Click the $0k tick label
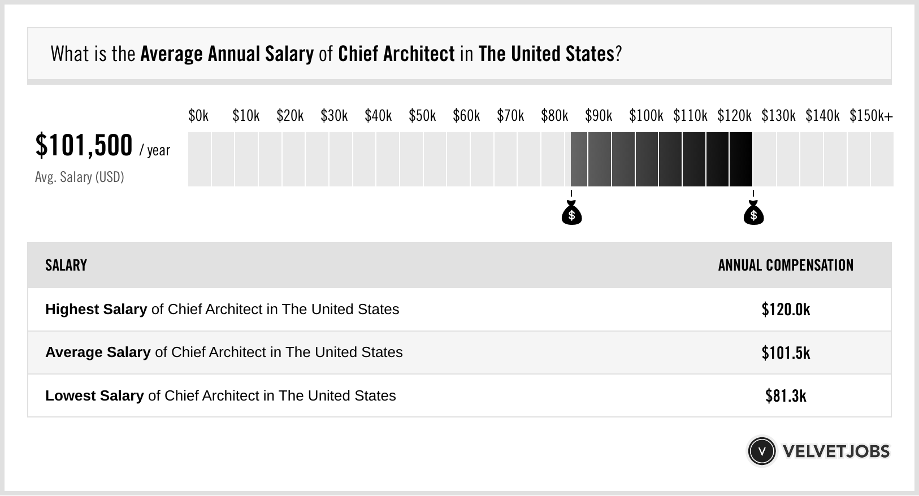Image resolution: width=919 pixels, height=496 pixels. (198, 116)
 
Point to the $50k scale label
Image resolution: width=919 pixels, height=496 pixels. (422, 116)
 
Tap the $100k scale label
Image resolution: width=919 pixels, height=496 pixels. (646, 116)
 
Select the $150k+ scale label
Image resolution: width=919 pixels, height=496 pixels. (871, 116)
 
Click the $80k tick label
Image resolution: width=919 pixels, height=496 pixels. (554, 116)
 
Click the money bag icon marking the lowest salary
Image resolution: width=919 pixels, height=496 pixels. (571, 214)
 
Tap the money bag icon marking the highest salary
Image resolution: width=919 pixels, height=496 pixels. (753, 214)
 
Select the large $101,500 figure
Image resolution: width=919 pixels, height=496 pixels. (84, 145)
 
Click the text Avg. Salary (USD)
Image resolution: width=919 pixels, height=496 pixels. (80, 177)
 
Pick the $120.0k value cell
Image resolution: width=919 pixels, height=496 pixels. (786, 310)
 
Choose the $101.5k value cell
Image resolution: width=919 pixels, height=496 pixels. (786, 353)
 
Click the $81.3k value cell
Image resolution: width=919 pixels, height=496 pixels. (786, 396)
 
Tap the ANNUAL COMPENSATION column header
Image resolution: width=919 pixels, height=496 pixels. (786, 266)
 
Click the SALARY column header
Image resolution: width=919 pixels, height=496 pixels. (66, 266)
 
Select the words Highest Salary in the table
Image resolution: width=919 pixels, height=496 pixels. (96, 310)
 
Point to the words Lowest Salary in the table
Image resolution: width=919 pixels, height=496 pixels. (94, 396)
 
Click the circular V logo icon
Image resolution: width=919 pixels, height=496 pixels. (761, 451)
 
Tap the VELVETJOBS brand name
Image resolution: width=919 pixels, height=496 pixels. (836, 451)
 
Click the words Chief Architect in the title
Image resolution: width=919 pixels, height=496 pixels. (396, 54)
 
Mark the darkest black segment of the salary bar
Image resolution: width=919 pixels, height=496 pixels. (741, 159)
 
